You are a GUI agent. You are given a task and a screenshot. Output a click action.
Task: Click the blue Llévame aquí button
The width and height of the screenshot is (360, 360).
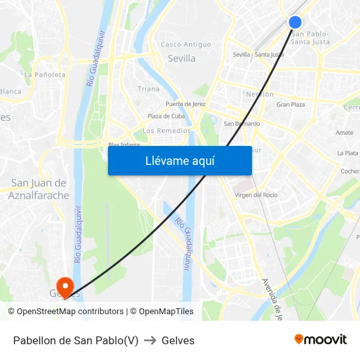coord(179,160)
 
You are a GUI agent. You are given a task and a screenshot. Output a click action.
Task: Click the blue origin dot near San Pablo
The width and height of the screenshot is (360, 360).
coord(295,22)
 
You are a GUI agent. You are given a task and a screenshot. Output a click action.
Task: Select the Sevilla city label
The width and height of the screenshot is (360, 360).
coord(181,58)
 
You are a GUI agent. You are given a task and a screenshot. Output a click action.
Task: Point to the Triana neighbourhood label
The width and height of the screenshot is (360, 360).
coord(148,89)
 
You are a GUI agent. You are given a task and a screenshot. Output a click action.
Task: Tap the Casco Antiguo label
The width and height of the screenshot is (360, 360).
coord(186,45)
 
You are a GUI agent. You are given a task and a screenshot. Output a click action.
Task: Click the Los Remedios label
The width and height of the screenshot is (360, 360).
coord(167,130)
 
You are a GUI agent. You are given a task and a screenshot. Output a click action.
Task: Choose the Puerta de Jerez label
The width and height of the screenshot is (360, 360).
coord(186,104)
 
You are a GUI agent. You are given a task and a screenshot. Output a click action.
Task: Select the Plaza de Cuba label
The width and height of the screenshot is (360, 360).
coord(166,117)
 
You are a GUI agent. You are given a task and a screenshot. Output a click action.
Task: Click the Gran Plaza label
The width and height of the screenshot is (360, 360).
coord(291,105)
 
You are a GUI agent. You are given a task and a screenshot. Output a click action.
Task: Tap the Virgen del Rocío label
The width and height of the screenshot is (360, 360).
coord(256,195)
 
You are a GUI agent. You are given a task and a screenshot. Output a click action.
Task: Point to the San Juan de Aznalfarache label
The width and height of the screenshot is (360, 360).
coord(39,189)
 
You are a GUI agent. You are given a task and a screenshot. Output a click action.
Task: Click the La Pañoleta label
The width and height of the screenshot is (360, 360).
coord(45,75)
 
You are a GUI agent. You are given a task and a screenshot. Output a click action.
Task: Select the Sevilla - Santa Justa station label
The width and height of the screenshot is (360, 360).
coord(258,54)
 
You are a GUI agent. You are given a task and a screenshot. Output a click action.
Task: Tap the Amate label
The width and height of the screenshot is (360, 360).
coord(344,133)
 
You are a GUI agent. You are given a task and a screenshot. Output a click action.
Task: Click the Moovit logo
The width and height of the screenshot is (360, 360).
coord(320,340)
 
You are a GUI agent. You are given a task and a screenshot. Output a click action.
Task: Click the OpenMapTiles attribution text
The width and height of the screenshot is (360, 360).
coord(166,312)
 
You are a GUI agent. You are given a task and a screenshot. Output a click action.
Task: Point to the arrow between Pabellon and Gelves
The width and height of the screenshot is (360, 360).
coord(150,340)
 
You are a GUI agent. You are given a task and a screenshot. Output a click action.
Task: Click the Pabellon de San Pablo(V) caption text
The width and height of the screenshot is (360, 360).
coord(75,340)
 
